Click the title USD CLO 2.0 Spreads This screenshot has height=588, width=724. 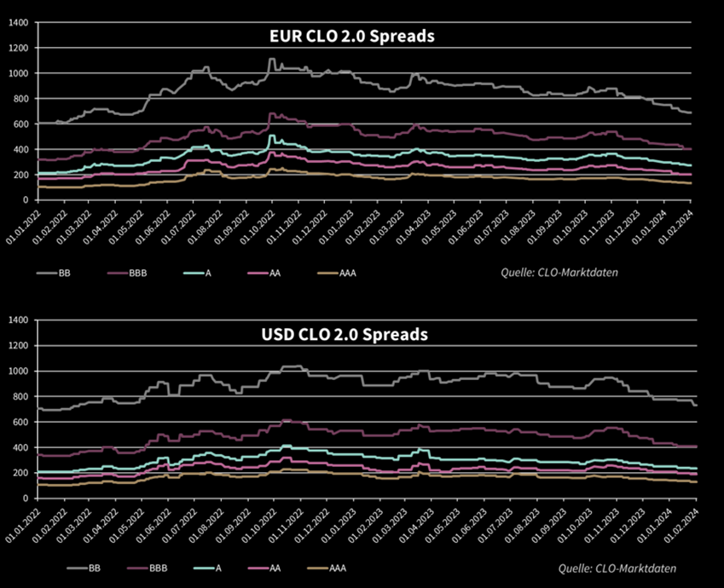click(345, 335)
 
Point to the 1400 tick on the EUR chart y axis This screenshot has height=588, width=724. click(18, 22)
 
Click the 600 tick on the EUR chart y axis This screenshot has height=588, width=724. click(20, 124)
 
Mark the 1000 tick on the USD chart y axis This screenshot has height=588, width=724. click(18, 372)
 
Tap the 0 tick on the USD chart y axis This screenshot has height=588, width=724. click(26, 499)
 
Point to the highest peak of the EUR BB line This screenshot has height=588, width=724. click(271, 59)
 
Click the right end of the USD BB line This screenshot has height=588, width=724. click(696, 405)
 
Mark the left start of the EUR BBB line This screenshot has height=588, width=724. click(39, 159)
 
